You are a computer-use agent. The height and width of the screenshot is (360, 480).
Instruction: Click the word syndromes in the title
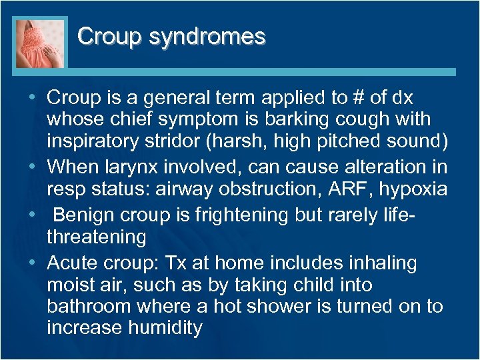(x=207, y=37)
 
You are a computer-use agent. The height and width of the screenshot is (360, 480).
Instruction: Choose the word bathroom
(x=89, y=307)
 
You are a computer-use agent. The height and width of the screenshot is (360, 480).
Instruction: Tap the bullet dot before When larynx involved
(x=33, y=167)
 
